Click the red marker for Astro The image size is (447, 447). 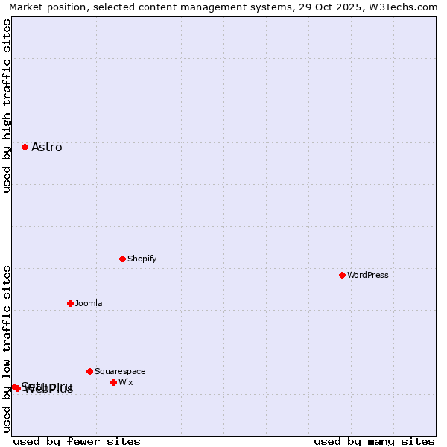(25, 148)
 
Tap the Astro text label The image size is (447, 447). (47, 148)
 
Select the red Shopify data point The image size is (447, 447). (122, 259)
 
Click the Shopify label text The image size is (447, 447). (142, 259)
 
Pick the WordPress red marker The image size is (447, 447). (342, 276)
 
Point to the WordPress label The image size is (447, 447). (368, 276)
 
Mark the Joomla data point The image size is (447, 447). (70, 304)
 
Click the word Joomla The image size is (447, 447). (89, 304)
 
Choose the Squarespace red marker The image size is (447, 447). (89, 372)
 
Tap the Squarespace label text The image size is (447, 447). (120, 372)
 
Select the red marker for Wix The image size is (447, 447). (113, 383)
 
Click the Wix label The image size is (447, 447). (125, 383)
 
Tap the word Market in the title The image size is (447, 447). (27, 7)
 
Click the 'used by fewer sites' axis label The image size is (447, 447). (77, 442)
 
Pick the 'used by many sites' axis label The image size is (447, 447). (374, 442)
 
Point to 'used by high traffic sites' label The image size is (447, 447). (7, 107)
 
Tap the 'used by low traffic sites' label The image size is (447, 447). (7, 349)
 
